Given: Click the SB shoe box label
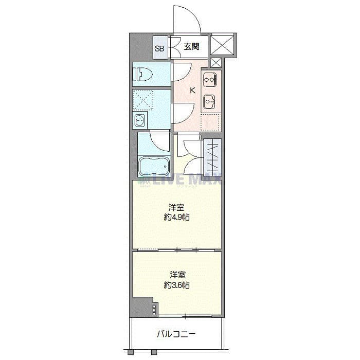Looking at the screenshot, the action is click(159, 49).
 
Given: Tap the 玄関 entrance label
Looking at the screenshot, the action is click(191, 47).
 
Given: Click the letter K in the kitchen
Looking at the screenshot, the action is click(193, 91).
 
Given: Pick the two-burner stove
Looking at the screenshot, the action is click(210, 79).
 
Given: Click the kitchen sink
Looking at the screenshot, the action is click(209, 102).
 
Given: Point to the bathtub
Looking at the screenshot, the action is click(154, 166).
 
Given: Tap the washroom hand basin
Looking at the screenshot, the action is click(140, 120).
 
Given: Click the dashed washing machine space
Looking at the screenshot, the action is click(143, 100).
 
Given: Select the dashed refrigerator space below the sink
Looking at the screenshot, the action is click(210, 122).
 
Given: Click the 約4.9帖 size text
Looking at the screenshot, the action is click(176, 217).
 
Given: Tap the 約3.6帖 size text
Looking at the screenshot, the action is click(176, 285).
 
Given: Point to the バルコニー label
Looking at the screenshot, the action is click(176, 334).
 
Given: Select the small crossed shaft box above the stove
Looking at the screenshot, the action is click(216, 62).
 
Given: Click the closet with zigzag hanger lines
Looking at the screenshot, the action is click(212, 157).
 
